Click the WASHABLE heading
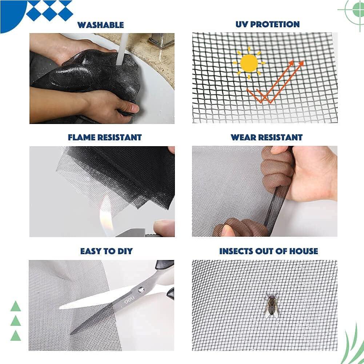tap(100, 25)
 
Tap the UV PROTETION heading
tap(267, 24)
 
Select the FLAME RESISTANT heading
tap(105, 137)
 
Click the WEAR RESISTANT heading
tap(267, 137)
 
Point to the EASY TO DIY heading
tap(107, 251)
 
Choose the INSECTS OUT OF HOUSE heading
tap(268, 251)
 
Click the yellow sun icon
tap(249, 63)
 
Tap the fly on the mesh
tap(271, 304)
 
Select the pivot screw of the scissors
tap(141, 290)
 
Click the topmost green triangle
tap(16, 307)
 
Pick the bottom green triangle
tap(16, 335)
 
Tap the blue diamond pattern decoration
tap(49, 10)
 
